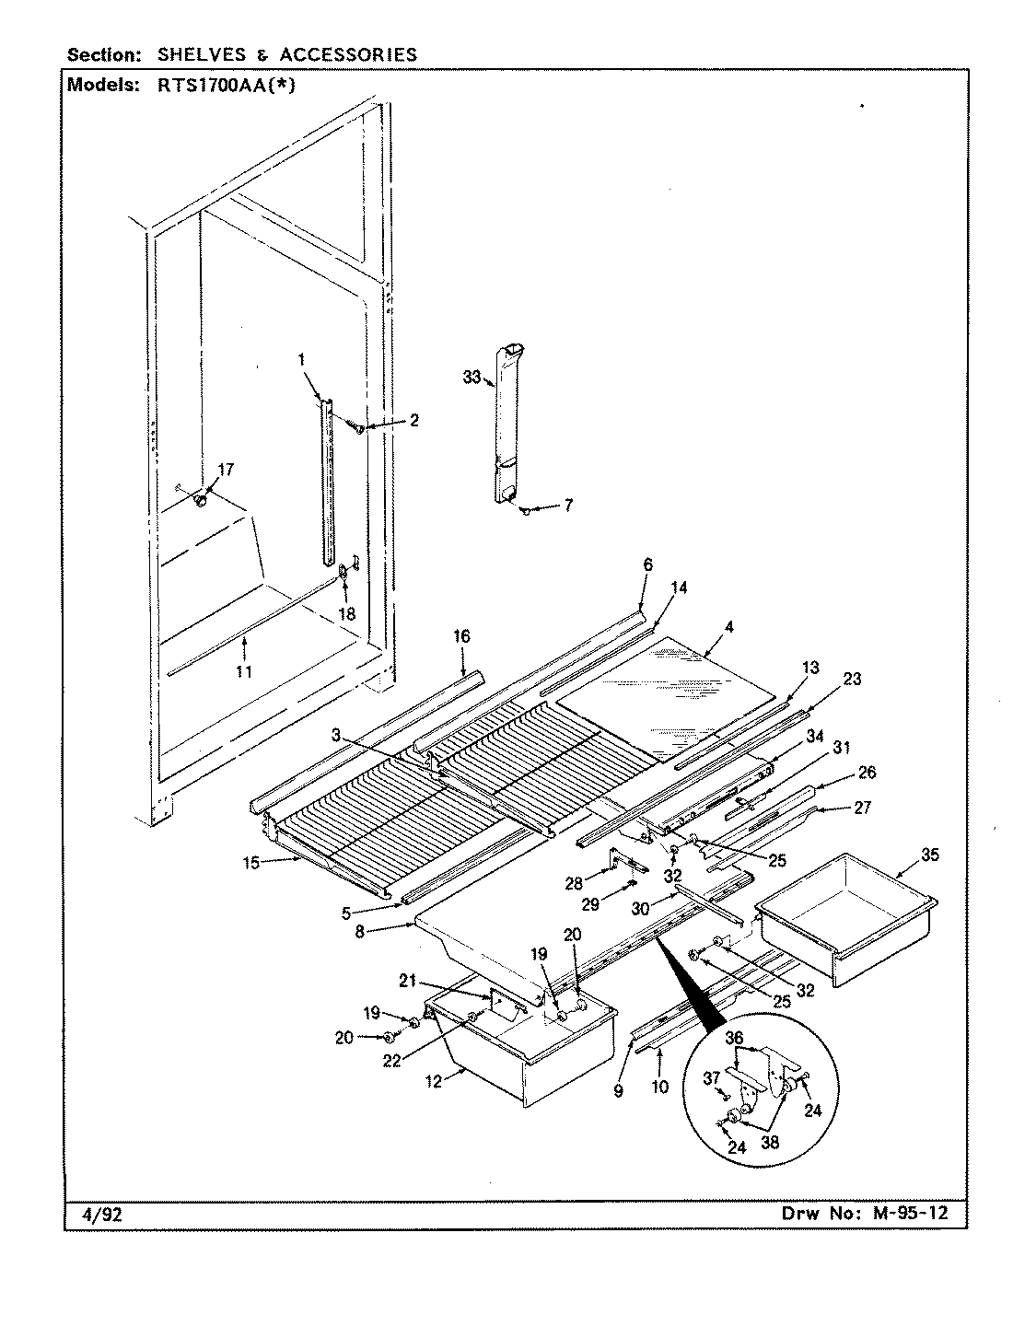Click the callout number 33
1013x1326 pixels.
pyautogui.click(x=472, y=376)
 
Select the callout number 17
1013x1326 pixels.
pyautogui.click(x=226, y=470)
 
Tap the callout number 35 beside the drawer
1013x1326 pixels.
pyautogui.click(x=930, y=855)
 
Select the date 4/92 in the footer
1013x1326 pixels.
pyautogui.click(x=96, y=1215)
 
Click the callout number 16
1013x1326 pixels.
pyautogui.click(x=461, y=636)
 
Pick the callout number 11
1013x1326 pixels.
pyautogui.click(x=243, y=672)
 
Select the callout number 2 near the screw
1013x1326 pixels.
pyautogui.click(x=413, y=421)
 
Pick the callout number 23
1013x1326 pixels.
pyautogui.click(x=852, y=680)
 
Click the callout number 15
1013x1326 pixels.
pyautogui.click(x=251, y=863)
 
